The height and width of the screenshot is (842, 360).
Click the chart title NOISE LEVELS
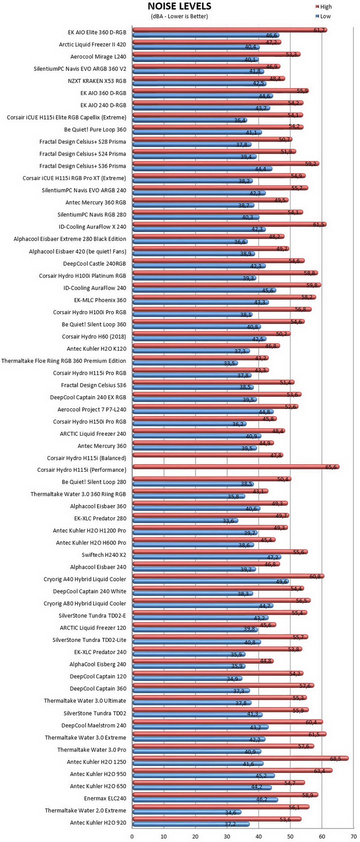click(179, 7)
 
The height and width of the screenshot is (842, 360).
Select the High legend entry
click(323, 7)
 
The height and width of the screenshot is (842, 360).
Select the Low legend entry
click(323, 16)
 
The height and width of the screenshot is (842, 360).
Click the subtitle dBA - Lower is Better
click(179, 16)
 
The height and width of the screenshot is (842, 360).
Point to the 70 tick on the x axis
click(353, 836)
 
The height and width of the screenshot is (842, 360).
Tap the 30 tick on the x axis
click(227, 836)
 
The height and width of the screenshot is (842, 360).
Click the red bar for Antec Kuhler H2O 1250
click(240, 758)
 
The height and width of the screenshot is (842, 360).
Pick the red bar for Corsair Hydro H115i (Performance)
click(236, 467)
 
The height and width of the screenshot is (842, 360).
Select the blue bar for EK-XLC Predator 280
click(185, 521)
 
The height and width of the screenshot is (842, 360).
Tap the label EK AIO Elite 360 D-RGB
click(97, 33)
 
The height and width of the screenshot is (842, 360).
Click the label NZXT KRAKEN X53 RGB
click(97, 81)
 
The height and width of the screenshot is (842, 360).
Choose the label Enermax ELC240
click(105, 798)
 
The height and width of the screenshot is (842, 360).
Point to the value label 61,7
click(319, 30)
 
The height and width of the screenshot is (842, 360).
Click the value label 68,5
click(335, 759)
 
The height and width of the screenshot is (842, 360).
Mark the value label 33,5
click(229, 364)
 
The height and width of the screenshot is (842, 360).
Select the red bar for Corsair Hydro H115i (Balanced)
click(208, 455)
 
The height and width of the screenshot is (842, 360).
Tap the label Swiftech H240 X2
click(103, 555)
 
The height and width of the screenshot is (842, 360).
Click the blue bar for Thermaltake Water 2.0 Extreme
click(187, 812)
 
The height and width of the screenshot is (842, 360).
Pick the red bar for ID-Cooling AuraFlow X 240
click(229, 225)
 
